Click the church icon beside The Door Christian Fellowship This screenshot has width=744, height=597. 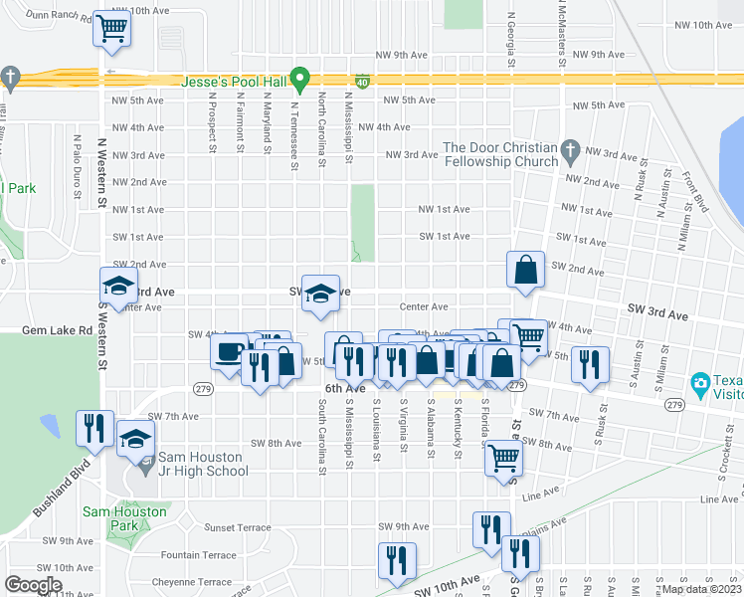click(x=570, y=150)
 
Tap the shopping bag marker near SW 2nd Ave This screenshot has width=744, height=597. click(x=525, y=269)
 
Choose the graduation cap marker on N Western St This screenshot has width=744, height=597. click(x=118, y=287)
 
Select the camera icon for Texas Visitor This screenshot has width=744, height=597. click(x=699, y=382)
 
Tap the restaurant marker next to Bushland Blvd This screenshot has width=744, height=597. click(x=94, y=428)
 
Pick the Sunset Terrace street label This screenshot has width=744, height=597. click(x=237, y=527)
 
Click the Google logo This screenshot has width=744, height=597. click(x=34, y=584)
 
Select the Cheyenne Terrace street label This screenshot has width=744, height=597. click(x=191, y=582)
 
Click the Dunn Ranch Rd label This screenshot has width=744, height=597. click(x=54, y=15)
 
